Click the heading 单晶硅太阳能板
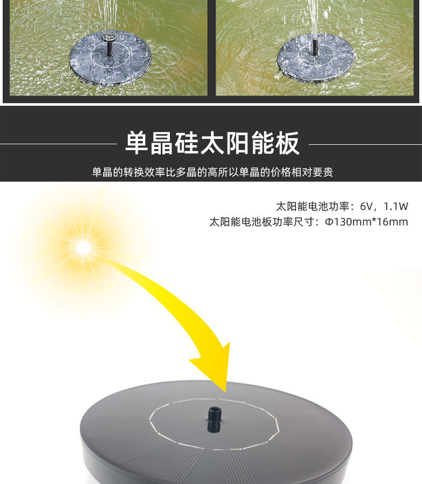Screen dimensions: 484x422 (x=212, y=143)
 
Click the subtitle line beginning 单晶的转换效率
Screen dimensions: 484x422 (x=212, y=172)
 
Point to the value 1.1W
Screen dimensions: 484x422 (x=396, y=206)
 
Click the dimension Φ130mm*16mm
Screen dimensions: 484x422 (x=366, y=222)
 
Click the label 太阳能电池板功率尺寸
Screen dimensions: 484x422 (x=262, y=222)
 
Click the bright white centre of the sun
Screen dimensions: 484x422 (x=83, y=247)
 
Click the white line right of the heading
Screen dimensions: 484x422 (x=365, y=144)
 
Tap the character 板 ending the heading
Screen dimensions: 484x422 (x=288, y=143)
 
